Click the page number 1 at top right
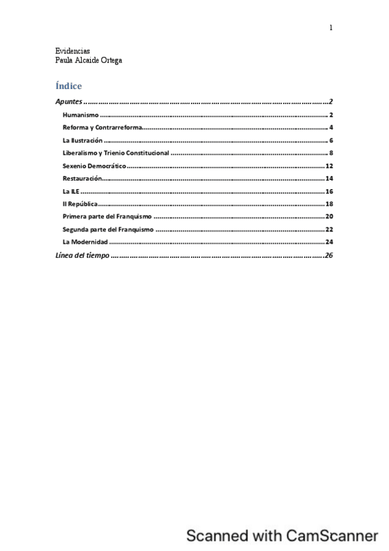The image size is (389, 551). (x=331, y=27)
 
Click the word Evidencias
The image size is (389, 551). (x=73, y=51)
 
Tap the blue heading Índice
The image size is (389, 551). (x=69, y=86)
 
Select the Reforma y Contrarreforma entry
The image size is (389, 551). (x=102, y=127)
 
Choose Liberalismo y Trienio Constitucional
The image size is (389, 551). (x=116, y=153)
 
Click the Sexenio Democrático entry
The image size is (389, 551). (x=94, y=166)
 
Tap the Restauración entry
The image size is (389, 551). (x=82, y=178)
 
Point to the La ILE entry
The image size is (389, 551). (x=71, y=191)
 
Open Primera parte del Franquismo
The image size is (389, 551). (x=107, y=216)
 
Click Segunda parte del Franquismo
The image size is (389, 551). (x=108, y=229)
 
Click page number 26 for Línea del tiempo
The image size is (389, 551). (x=328, y=255)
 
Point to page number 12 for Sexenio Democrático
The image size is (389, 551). (x=329, y=166)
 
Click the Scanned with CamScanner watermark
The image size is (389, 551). (x=282, y=535)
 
